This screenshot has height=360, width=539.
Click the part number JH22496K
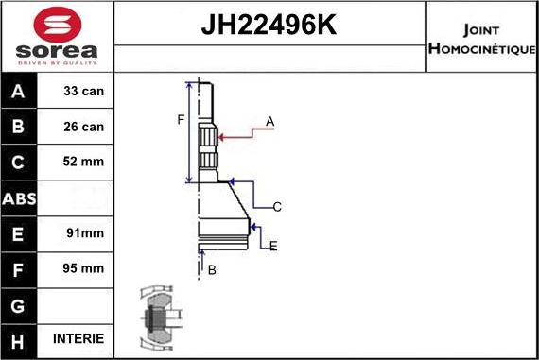point(269,25)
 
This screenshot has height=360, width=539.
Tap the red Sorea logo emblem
point(58,26)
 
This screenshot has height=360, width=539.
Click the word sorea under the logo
point(57,51)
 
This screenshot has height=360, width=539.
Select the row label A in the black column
point(18,92)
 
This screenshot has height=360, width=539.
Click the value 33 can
point(83,91)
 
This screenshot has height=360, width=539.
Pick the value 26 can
point(83,127)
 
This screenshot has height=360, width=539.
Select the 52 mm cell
point(83,162)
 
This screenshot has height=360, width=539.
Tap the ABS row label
point(19,198)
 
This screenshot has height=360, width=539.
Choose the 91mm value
point(85,232)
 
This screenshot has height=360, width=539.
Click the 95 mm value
point(83,268)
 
